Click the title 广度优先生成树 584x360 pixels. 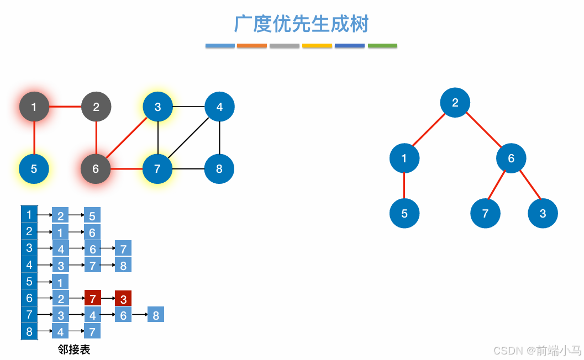302,24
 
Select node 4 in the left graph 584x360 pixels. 219,107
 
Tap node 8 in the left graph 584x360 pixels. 219,169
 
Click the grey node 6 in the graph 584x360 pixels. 96,169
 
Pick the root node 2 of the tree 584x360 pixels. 455,102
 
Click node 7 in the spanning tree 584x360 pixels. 485,213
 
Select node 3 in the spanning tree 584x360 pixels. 543,213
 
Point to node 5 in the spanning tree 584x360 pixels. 404,213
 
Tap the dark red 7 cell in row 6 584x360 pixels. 92,299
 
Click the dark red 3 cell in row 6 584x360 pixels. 123,299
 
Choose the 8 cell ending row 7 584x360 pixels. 156,315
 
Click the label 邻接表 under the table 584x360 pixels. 73,350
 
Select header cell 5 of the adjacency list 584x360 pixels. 29,282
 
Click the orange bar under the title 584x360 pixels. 252,46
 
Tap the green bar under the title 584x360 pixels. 382,46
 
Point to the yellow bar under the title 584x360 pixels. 317,46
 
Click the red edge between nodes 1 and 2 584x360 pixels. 65,107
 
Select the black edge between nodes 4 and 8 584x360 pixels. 219,138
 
